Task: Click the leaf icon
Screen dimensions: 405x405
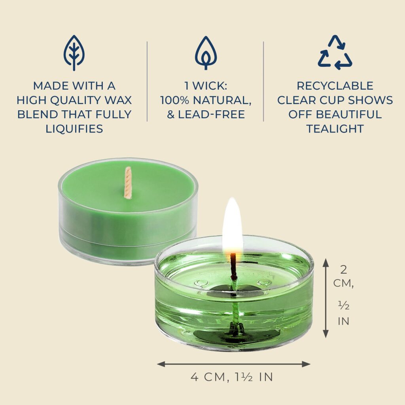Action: [x=74, y=53]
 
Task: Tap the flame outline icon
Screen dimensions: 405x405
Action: [x=206, y=53]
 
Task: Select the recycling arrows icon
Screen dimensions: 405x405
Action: [x=335, y=53]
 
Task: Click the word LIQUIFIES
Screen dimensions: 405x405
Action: [x=74, y=129]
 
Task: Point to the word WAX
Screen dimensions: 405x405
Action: [x=120, y=100]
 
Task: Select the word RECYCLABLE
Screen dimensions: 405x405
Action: [x=335, y=86]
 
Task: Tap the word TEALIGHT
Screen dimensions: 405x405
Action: [x=335, y=129]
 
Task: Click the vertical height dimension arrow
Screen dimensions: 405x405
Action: [x=326, y=298]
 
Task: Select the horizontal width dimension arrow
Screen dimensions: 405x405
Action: [x=234, y=364]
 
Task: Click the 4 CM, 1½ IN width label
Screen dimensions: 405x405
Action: [x=232, y=377]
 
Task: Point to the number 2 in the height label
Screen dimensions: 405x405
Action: [x=343, y=270]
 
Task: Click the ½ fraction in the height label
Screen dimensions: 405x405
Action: [x=344, y=306]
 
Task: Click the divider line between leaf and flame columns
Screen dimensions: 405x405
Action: [x=147, y=81]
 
